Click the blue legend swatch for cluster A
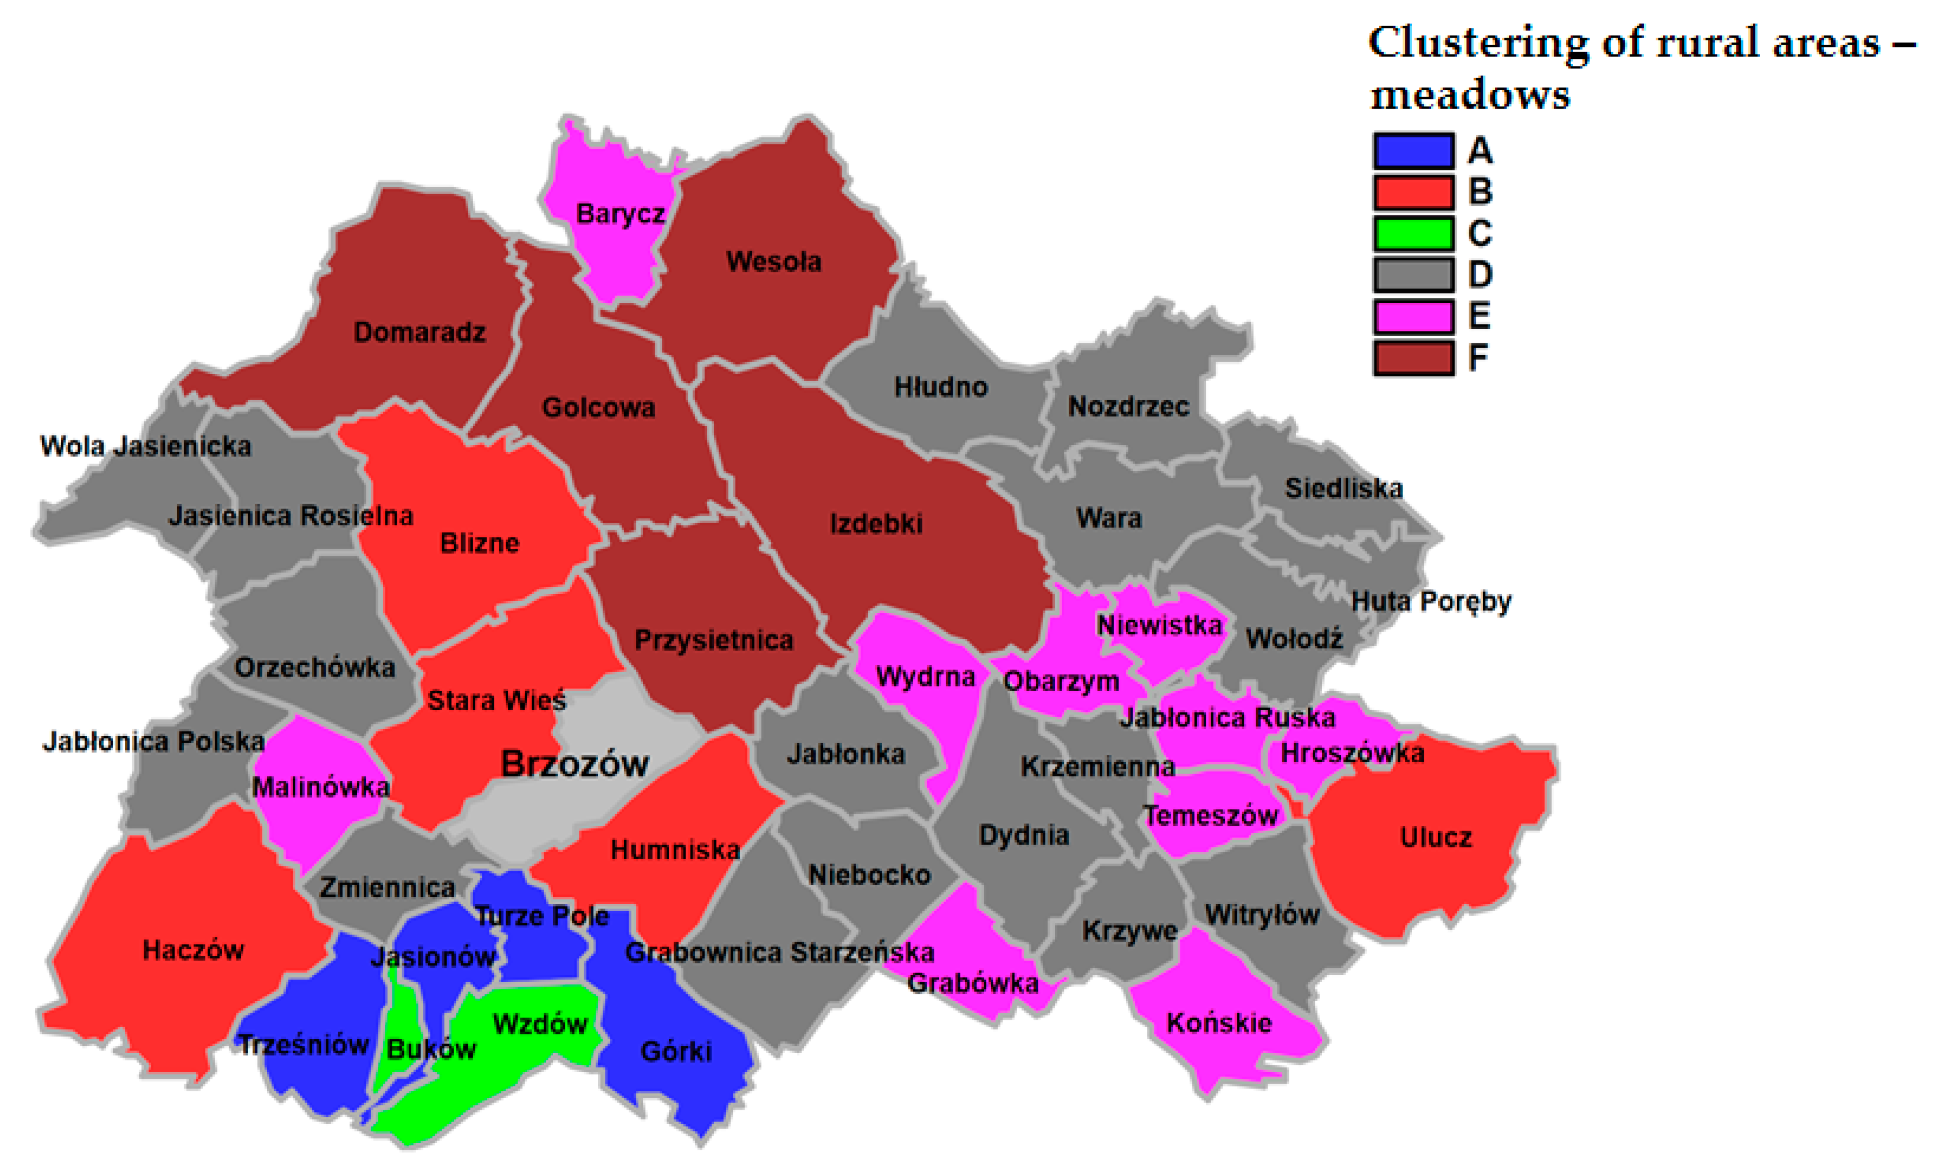point(1413,151)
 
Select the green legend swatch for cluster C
point(1413,233)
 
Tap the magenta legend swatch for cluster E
point(1413,317)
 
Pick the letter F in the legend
point(1478,358)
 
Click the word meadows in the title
point(1469,95)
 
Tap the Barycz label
point(620,214)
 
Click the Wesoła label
point(773,262)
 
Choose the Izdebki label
point(876,524)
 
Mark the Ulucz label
point(1435,837)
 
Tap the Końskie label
point(1218,1023)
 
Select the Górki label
point(676,1052)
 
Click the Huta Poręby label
point(1431,601)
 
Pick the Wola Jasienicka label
point(145,446)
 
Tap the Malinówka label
point(321,787)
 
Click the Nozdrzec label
point(1128,407)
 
